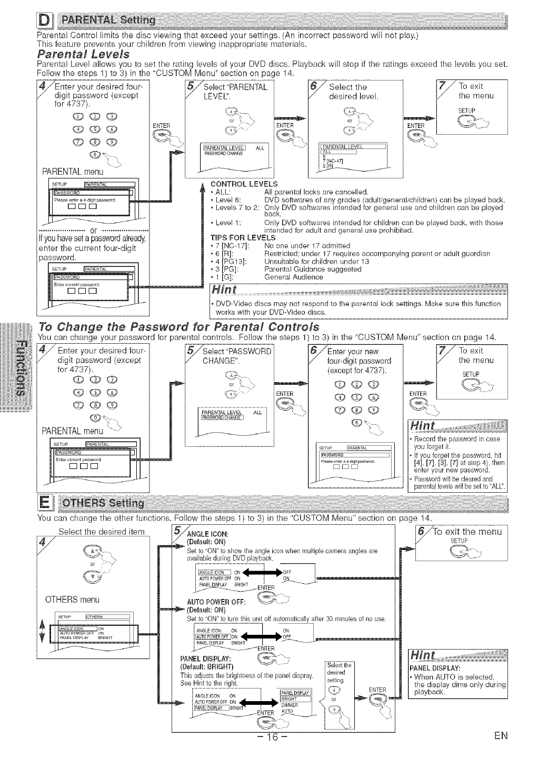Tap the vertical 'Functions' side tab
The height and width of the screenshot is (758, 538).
point(17,365)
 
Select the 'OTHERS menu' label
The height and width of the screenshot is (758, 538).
point(73,600)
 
